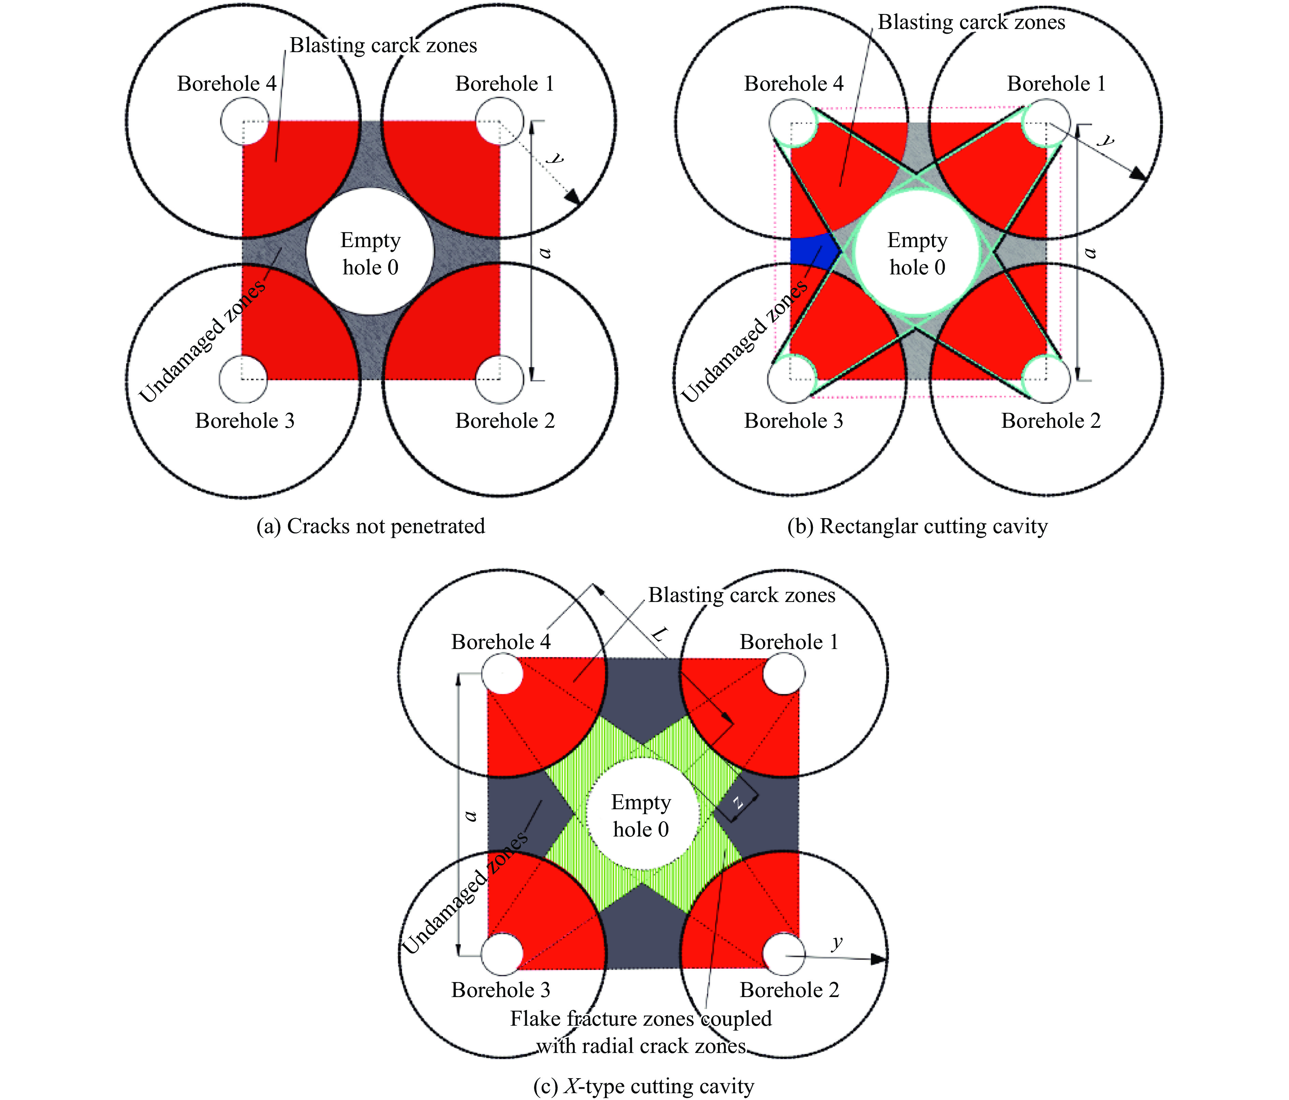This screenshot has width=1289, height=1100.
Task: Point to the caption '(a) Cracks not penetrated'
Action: [x=371, y=526]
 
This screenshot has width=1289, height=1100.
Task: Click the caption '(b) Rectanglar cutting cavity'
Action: [x=918, y=526]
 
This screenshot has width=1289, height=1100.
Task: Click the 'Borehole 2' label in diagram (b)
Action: [x=1051, y=421]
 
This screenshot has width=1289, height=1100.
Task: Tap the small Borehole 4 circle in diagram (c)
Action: [x=503, y=674]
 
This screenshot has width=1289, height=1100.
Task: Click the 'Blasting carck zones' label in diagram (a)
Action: [x=383, y=45]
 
